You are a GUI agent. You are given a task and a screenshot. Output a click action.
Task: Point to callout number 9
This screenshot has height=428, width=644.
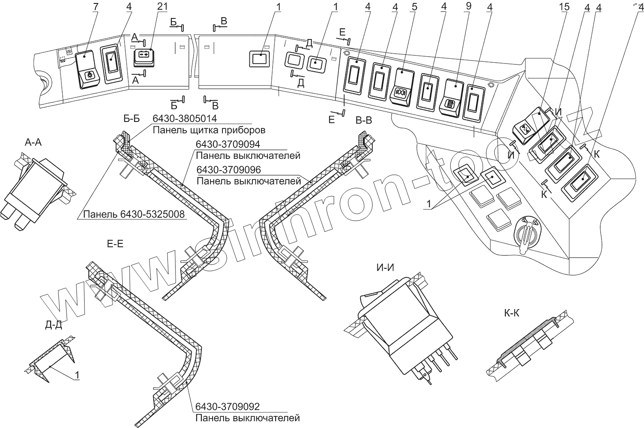[468, 7]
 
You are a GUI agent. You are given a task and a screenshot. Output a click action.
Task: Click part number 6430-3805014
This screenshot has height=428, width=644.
[185, 118]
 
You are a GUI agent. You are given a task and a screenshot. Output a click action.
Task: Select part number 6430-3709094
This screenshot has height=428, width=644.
[228, 144]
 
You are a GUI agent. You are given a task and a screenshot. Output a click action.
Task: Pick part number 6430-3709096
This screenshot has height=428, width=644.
[229, 170]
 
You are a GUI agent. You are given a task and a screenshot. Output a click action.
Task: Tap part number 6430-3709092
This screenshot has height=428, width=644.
[228, 407]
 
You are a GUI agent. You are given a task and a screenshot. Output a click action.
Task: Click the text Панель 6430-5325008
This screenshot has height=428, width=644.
[134, 214]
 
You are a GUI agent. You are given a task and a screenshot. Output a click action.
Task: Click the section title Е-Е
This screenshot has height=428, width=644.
[115, 244]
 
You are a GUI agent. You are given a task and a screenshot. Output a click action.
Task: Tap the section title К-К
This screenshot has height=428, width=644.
[512, 313]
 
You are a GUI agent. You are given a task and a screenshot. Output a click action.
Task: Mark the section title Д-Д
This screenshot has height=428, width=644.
[53, 325]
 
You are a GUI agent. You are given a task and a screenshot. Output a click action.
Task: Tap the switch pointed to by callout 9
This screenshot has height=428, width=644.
[454, 97]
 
